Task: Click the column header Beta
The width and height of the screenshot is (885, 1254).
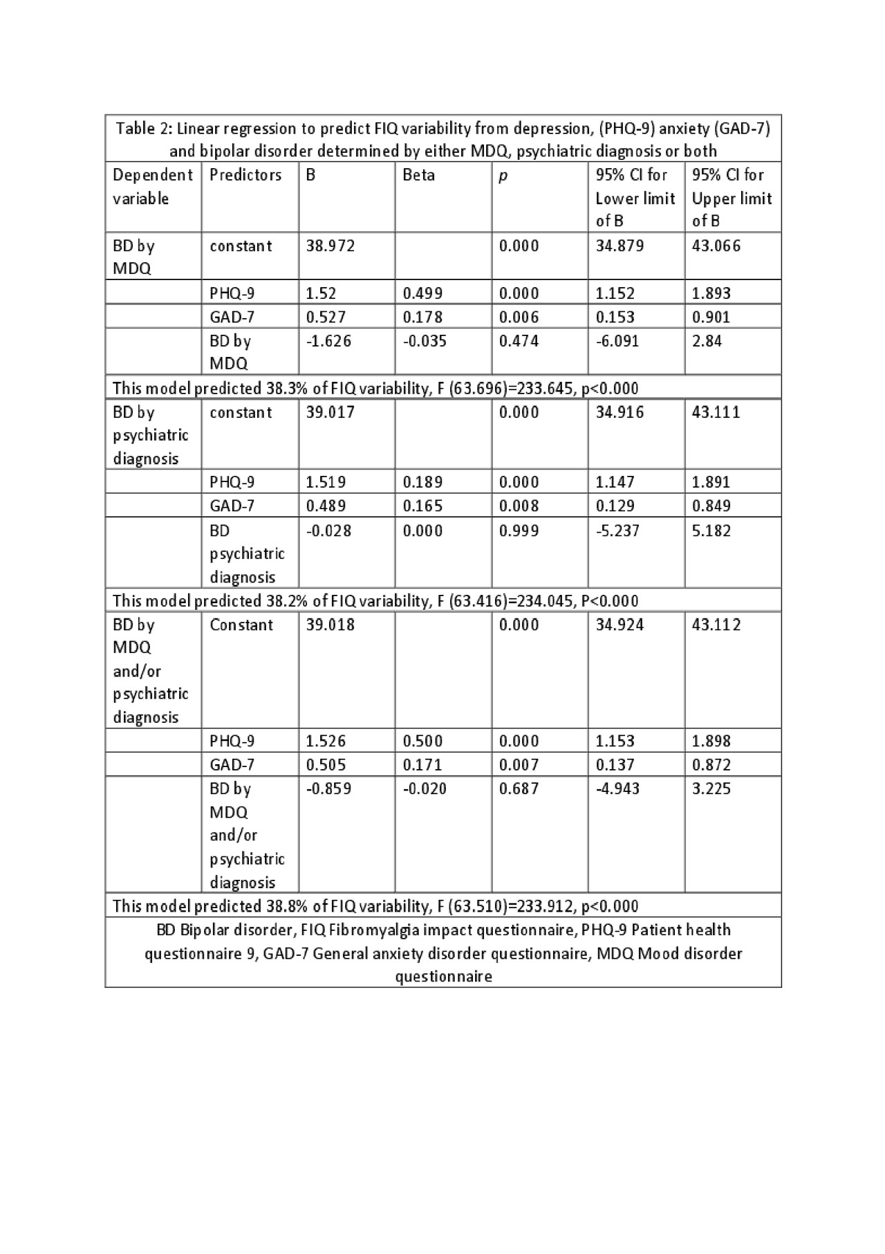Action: click(418, 175)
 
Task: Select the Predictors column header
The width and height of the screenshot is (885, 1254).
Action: click(245, 175)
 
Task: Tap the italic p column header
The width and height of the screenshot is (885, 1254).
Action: click(503, 176)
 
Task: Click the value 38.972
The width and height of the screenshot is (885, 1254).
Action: click(330, 246)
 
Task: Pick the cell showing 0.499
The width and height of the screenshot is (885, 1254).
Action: click(424, 293)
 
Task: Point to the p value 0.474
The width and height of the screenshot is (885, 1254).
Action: click(519, 341)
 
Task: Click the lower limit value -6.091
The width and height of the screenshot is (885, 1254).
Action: click(617, 341)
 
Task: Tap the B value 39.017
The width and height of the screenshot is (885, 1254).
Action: click(330, 412)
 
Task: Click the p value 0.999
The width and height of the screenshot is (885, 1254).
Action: click(519, 531)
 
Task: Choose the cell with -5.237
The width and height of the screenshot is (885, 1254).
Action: click(617, 531)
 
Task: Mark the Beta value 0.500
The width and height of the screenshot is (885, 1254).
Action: click(424, 741)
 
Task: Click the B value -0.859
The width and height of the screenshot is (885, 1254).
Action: click(328, 789)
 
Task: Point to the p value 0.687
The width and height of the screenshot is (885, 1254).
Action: click(519, 789)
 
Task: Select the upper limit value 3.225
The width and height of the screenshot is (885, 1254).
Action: click(711, 789)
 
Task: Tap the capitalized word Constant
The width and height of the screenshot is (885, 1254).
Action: click(241, 625)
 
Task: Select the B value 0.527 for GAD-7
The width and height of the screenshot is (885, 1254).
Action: click(326, 317)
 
